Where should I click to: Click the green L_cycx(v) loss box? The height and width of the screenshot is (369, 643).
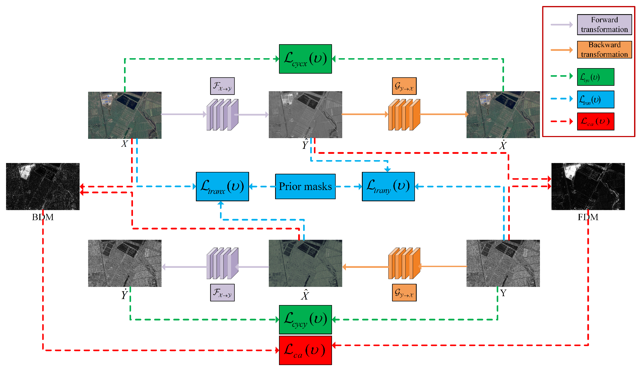click(x=305, y=59)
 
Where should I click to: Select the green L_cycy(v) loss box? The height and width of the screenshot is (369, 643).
click(x=305, y=319)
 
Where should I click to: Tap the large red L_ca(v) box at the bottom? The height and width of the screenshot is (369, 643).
click(x=305, y=350)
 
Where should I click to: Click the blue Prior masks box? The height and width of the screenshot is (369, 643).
click(x=305, y=186)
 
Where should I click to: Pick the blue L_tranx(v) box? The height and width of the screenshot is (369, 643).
click(x=222, y=186)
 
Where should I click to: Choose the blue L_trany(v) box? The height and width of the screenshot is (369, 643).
click(x=388, y=186)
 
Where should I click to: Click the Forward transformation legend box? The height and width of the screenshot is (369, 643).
click(x=604, y=25)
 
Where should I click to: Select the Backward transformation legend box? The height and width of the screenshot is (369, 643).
click(x=604, y=50)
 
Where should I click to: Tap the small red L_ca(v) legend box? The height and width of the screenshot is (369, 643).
click(x=596, y=121)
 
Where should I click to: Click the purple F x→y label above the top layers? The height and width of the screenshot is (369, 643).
click(x=222, y=86)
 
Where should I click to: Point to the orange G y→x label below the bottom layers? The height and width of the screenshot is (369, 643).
click(x=404, y=292)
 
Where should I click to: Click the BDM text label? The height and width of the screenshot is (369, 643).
click(x=43, y=217)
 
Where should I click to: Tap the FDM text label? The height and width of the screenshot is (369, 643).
click(x=588, y=217)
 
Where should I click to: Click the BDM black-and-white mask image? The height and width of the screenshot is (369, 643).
click(x=43, y=186)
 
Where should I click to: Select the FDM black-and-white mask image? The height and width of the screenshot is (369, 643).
click(x=588, y=186)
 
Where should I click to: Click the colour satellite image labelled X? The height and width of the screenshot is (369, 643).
click(x=125, y=115)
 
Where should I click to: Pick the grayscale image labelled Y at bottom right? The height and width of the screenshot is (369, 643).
click(x=503, y=263)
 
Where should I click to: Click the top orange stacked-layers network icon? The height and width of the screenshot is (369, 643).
click(x=404, y=115)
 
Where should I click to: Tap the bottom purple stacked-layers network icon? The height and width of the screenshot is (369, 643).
click(x=222, y=263)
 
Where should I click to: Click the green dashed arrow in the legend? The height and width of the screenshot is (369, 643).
click(x=561, y=76)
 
